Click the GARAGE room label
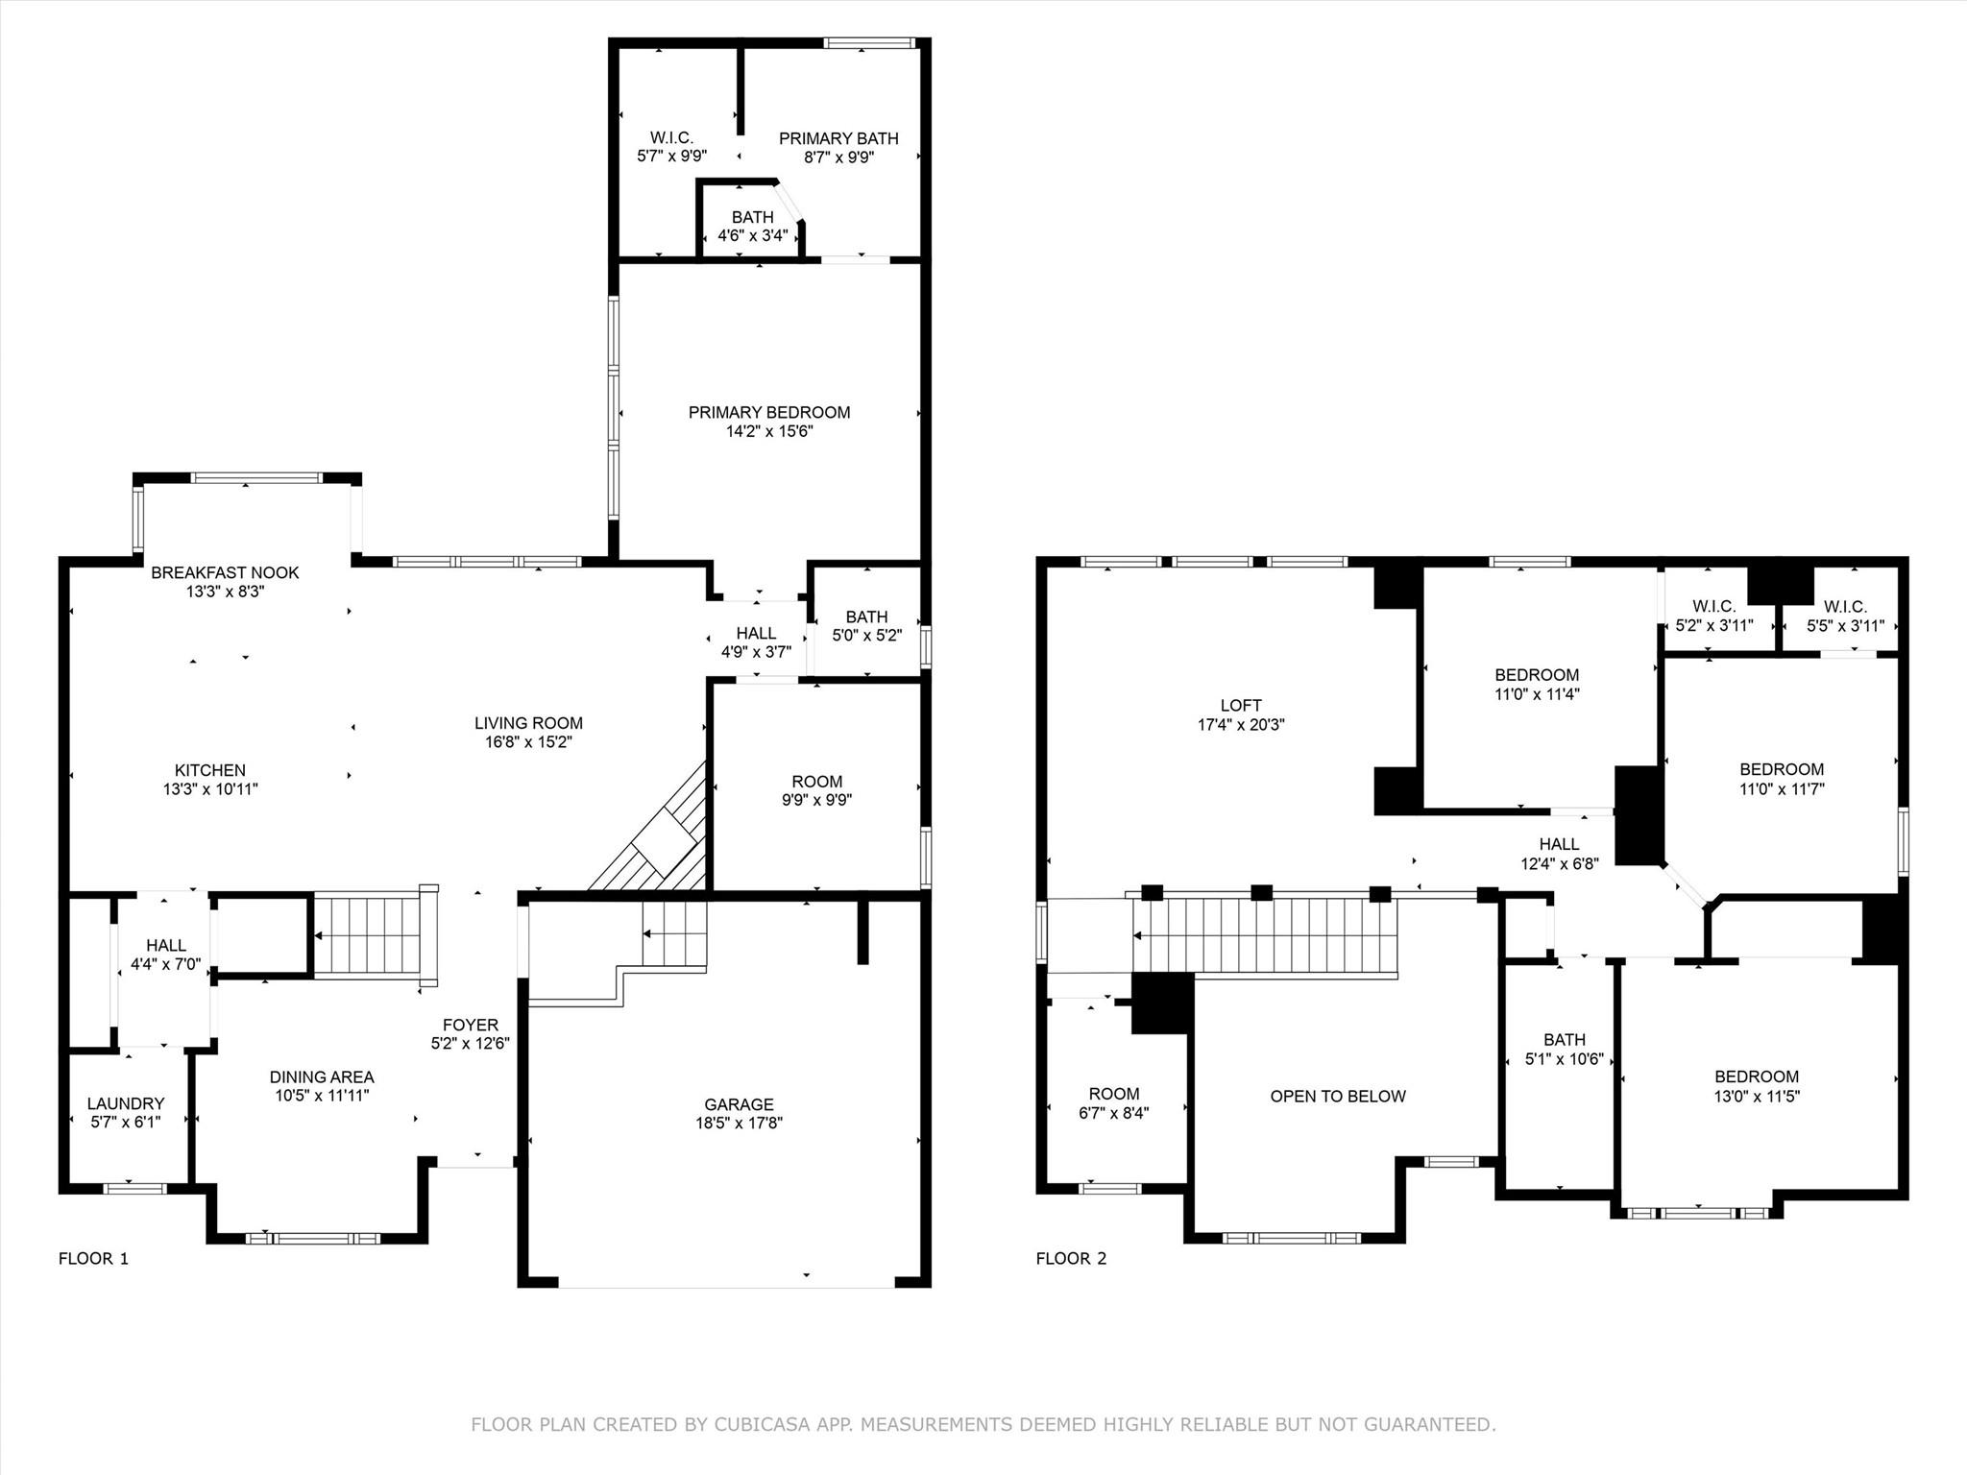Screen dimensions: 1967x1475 (x=739, y=1104)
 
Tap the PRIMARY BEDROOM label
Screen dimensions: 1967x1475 (x=769, y=412)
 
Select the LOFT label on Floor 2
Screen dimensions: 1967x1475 (x=1241, y=705)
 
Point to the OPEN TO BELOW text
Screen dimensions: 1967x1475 (x=1338, y=1096)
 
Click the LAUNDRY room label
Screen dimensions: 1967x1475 (x=126, y=1103)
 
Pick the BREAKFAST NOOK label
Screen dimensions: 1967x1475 (x=225, y=572)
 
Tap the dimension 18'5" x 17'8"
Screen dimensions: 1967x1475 (x=740, y=1123)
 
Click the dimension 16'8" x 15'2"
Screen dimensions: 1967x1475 (x=529, y=742)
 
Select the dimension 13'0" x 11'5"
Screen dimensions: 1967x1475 (x=1757, y=1096)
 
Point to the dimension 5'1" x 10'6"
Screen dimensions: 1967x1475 (x=1565, y=1059)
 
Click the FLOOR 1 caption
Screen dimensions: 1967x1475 (x=93, y=1258)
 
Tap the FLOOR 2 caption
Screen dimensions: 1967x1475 (x=1071, y=1258)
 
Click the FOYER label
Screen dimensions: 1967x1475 (x=471, y=1025)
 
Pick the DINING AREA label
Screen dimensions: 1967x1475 (x=322, y=1076)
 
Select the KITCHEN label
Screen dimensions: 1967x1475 (x=210, y=770)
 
